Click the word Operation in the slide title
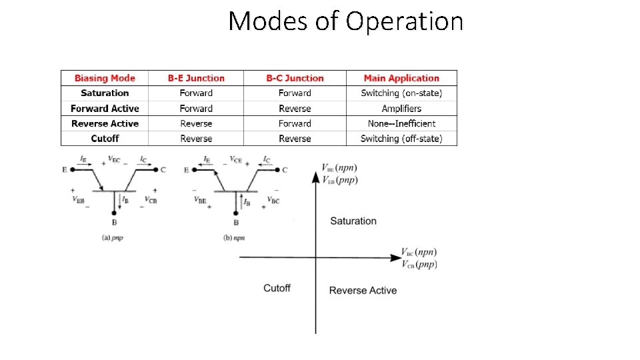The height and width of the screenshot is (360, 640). (x=405, y=21)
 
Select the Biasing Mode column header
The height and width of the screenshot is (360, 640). (x=105, y=78)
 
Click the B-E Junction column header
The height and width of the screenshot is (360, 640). (x=196, y=78)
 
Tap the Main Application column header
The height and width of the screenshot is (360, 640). (x=401, y=78)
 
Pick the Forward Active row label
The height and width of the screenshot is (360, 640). (x=105, y=108)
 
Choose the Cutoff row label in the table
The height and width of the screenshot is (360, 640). (x=105, y=139)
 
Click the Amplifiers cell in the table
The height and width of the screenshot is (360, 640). (x=401, y=108)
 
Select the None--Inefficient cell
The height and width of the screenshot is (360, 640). (x=401, y=123)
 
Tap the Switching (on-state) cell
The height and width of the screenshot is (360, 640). (x=401, y=93)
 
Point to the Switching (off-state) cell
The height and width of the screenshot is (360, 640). (x=401, y=139)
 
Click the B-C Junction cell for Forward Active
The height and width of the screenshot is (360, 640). (x=295, y=108)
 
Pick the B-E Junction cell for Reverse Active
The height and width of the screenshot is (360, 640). (x=196, y=123)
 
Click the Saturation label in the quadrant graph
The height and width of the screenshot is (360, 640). (x=353, y=221)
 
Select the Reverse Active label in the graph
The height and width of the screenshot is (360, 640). (x=363, y=290)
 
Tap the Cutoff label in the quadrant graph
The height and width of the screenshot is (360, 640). (x=277, y=288)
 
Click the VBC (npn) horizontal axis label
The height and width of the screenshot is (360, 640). (x=419, y=252)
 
